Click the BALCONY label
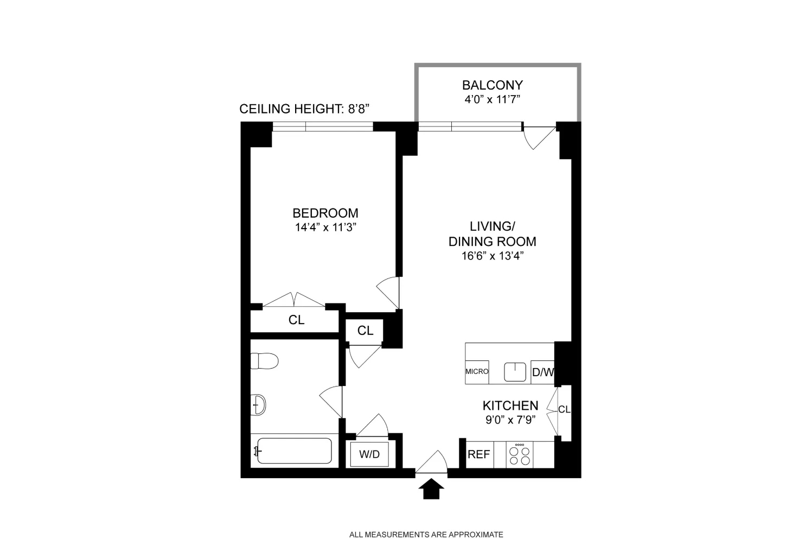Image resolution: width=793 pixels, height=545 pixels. (492, 85)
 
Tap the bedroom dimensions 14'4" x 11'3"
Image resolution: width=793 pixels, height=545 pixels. (325, 227)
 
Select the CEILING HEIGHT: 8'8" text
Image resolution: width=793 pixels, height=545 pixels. (304, 109)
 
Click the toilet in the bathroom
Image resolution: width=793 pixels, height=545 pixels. (264, 361)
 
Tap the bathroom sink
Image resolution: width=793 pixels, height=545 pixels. (259, 404)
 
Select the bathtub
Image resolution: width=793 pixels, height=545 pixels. (293, 451)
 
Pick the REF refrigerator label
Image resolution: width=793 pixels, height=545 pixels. (478, 455)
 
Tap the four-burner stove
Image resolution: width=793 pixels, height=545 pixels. (520, 455)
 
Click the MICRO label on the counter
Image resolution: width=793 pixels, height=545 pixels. (477, 372)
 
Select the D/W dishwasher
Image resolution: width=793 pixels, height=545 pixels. (542, 372)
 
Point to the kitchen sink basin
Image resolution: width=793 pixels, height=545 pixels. (515, 372)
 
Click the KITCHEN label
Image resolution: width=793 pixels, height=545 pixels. (510, 405)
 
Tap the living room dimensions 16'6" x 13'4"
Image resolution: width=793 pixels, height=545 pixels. (492, 256)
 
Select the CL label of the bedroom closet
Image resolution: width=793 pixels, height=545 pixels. (296, 320)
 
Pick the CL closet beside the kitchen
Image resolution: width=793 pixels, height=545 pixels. (564, 410)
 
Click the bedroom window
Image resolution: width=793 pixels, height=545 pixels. (322, 126)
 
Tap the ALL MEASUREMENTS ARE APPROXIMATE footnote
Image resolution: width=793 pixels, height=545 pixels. (426, 535)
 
